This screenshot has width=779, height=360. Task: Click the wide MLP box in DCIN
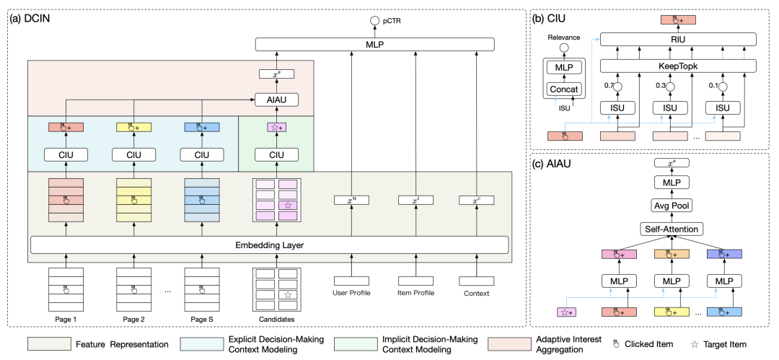pos(374,45)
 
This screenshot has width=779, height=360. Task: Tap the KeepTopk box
pos(678,66)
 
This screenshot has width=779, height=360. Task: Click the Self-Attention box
pos(672,229)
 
